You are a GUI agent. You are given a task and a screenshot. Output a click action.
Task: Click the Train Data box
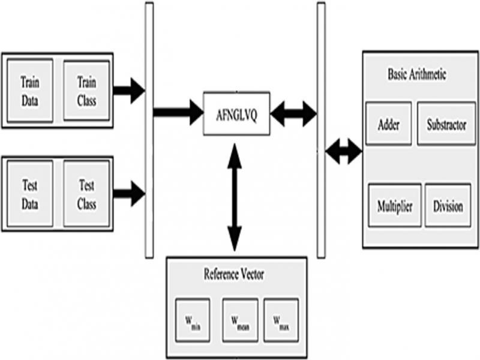[29, 90]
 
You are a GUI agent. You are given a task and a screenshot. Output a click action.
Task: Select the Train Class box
[86, 90]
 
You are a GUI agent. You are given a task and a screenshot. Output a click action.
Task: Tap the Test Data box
[29, 194]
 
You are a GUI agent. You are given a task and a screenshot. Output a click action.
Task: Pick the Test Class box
[86, 194]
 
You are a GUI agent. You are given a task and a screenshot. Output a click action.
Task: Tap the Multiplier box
[394, 206]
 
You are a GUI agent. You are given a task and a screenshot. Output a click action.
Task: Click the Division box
[447, 206]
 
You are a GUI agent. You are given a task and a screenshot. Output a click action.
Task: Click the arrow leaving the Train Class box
[128, 91]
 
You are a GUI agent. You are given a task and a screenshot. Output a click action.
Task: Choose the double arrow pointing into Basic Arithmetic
[344, 152]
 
